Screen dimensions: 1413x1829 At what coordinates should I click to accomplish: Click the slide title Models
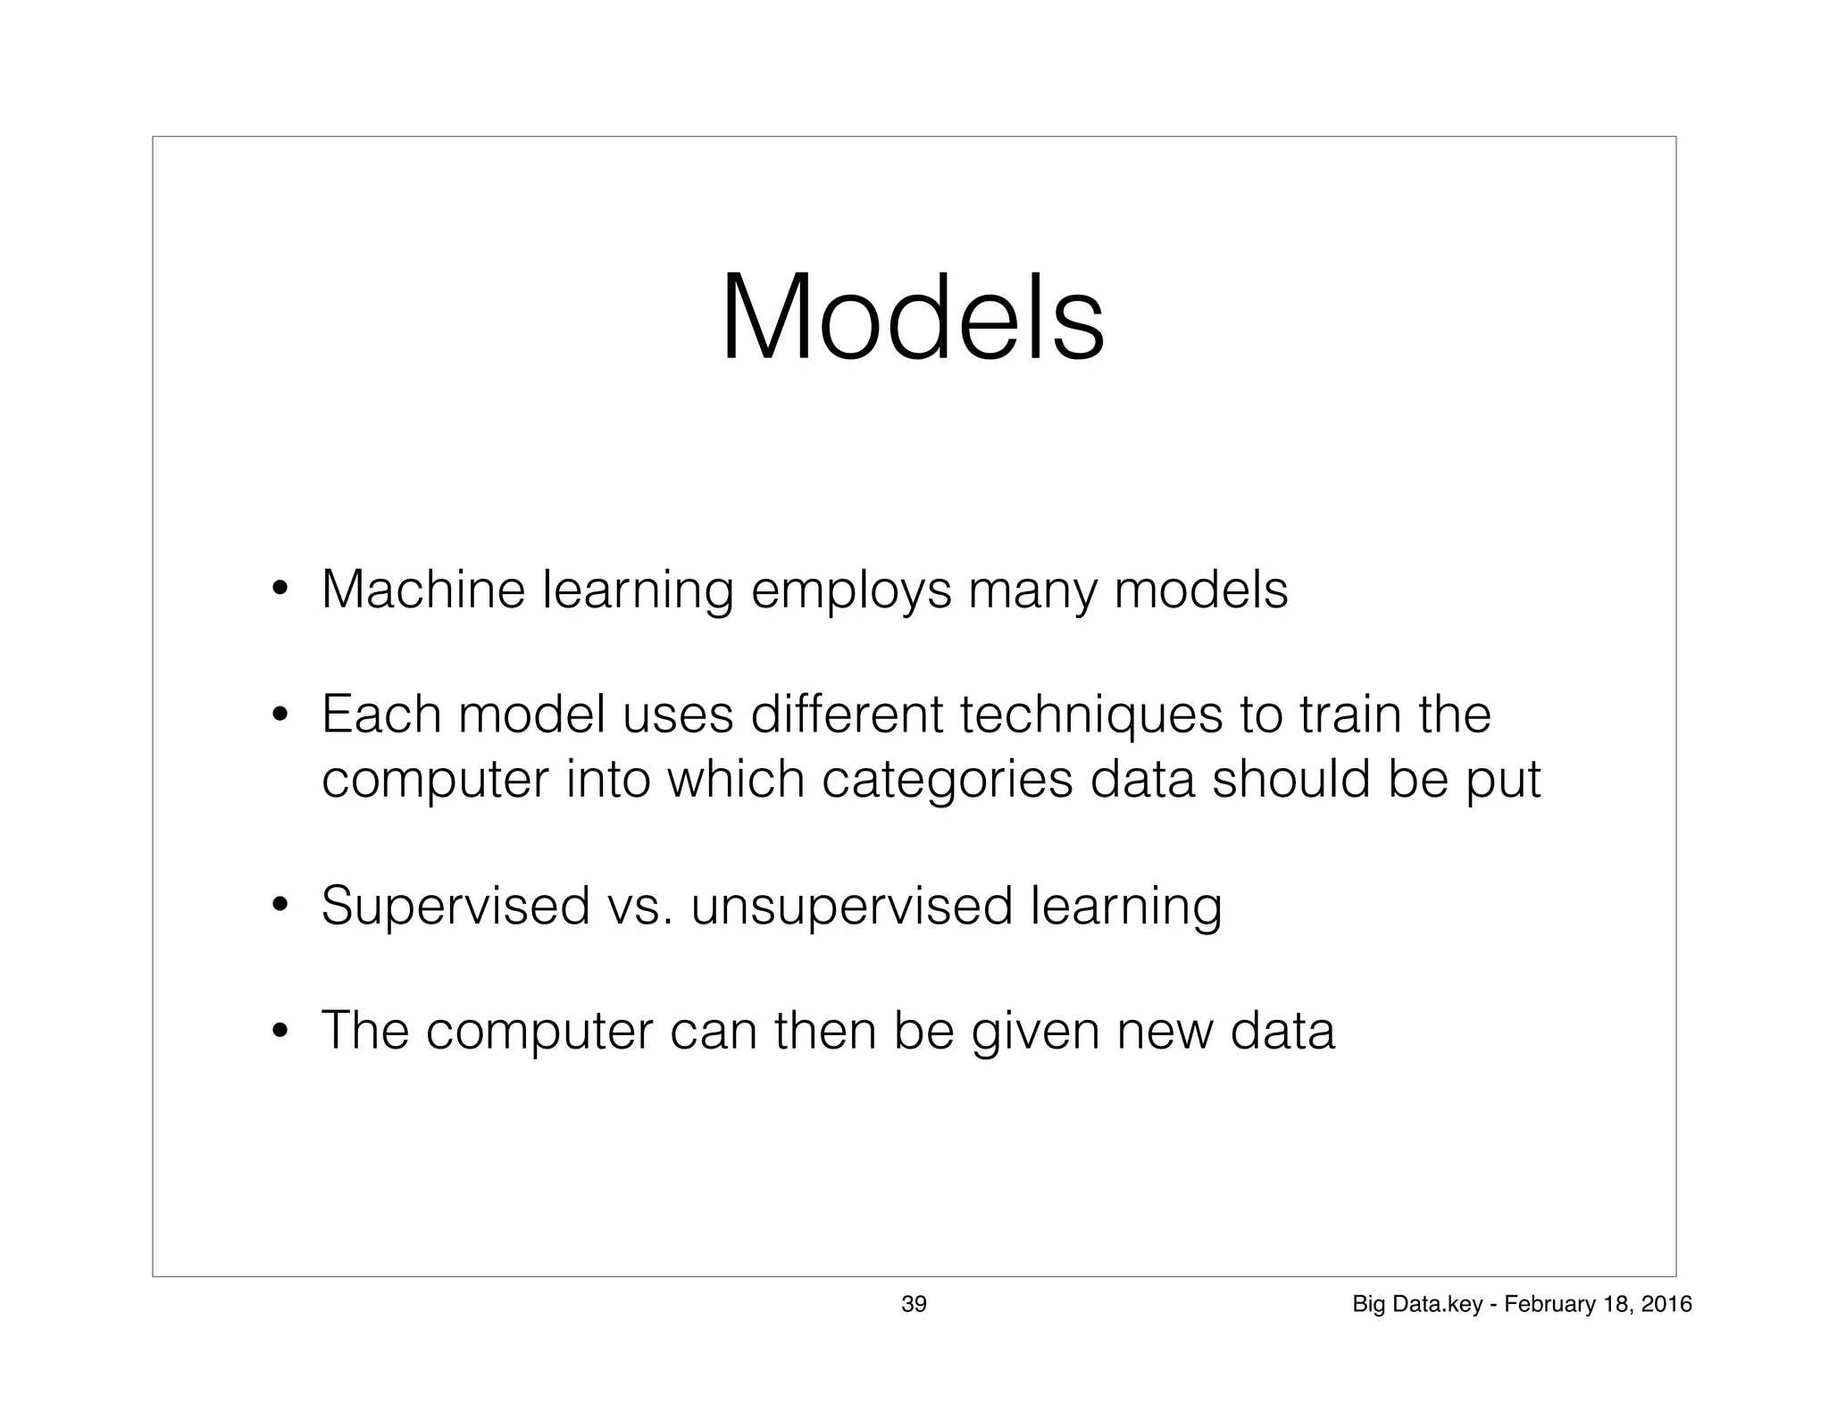(913, 319)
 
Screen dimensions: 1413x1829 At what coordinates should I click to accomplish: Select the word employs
(851, 592)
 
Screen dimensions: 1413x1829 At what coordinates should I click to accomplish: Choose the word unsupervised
(852, 907)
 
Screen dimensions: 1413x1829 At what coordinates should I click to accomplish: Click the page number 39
(914, 1304)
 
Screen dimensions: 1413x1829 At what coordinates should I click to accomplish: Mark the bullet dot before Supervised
(280, 907)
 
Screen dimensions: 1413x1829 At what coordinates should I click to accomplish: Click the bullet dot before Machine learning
(280, 590)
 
